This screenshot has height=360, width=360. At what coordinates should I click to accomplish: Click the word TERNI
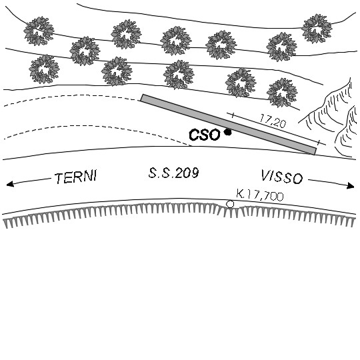[x=76, y=177]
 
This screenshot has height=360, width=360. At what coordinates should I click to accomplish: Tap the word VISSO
[x=282, y=177]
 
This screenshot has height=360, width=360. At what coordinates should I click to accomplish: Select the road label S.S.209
[x=173, y=173]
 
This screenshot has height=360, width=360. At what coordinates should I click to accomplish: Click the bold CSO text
[x=205, y=135]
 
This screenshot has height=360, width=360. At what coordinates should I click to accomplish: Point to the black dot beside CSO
[x=228, y=132]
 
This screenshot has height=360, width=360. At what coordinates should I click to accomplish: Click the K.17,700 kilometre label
[x=260, y=195]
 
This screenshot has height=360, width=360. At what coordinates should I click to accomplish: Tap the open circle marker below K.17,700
[x=230, y=204]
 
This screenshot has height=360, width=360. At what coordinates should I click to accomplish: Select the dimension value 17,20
[x=273, y=121]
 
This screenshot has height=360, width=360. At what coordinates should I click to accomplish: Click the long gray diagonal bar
[x=229, y=125]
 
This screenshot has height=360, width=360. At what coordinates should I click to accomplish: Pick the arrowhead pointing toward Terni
[x=10, y=184]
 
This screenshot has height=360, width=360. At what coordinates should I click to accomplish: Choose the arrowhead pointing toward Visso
[x=351, y=185]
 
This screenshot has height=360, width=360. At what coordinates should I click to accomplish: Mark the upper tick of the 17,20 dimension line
[x=233, y=115]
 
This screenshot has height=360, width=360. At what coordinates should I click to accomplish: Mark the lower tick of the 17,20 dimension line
[x=318, y=143]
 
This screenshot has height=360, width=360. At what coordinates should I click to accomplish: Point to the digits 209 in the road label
[x=187, y=173]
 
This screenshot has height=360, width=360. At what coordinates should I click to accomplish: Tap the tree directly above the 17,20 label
[x=282, y=92]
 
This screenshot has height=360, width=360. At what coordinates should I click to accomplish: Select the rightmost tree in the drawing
[x=317, y=29]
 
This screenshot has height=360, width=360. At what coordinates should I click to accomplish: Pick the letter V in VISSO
[x=266, y=175]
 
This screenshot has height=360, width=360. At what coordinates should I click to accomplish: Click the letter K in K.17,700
[x=239, y=194]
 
